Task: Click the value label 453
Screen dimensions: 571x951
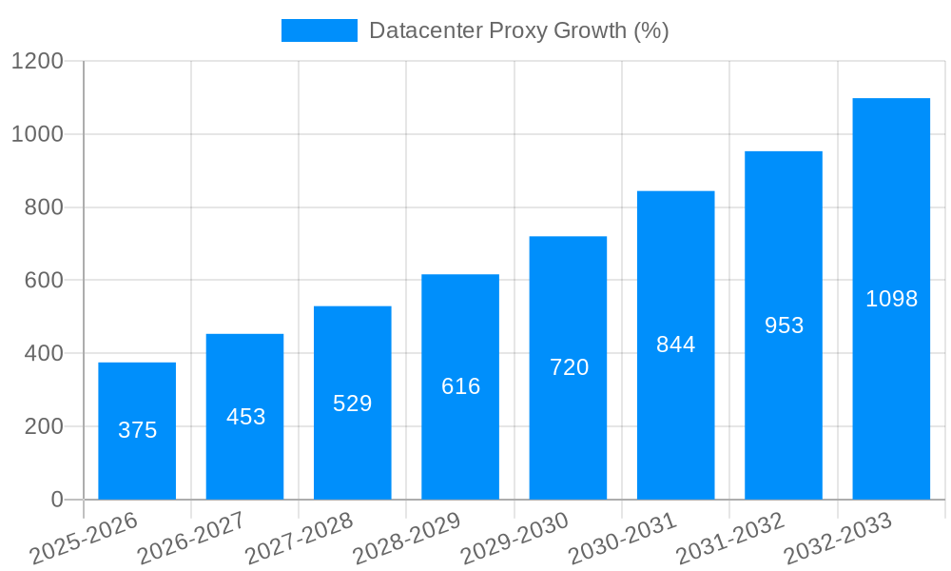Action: point(245,417)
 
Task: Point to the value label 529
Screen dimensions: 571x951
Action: point(352,404)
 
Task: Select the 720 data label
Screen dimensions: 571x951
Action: point(569,367)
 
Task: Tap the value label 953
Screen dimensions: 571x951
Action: point(784,325)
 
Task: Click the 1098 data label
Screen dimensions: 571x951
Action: point(891,299)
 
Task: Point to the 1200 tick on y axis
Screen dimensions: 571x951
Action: point(37,62)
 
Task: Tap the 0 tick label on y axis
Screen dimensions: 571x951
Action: point(56,500)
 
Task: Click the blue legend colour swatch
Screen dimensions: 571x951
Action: point(320,30)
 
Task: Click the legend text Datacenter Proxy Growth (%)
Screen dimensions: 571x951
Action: point(518,30)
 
